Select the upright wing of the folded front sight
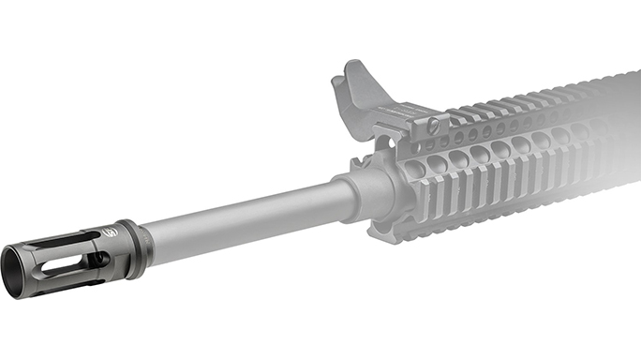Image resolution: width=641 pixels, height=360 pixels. click(352, 84)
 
